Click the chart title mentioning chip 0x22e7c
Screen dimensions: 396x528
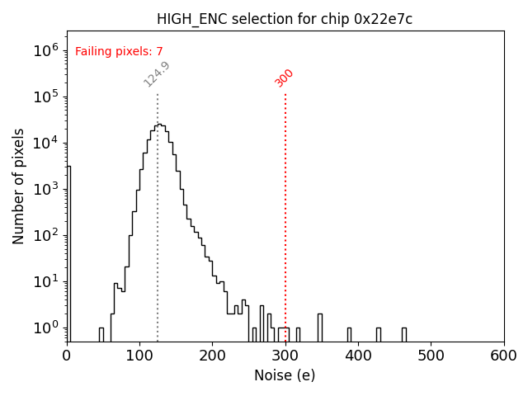click(285, 19)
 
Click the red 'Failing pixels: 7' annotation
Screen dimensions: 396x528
click(119, 52)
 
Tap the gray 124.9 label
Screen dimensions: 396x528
click(157, 74)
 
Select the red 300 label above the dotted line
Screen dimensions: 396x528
click(285, 78)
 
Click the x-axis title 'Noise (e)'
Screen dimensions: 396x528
click(285, 375)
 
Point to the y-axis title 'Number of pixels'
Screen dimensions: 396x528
click(19, 186)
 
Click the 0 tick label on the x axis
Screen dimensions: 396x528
click(67, 355)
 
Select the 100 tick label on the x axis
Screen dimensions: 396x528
click(139, 355)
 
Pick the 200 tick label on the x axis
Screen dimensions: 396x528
click(212, 355)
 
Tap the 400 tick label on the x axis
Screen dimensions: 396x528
click(358, 355)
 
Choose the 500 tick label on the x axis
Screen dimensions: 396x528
click(431, 355)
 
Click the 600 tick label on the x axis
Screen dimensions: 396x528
click(503, 355)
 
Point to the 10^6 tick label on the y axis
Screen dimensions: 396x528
click(46, 50)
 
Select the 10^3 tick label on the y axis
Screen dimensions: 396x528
click(46, 189)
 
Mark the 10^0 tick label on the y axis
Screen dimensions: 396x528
click(46, 328)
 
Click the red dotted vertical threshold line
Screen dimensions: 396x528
click(285, 206)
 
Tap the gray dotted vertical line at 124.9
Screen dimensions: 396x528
click(158, 247)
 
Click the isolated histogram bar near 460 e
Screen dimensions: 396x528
click(404, 334)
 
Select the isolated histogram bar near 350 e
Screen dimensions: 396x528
click(320, 328)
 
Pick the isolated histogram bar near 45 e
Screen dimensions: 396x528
click(101, 334)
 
